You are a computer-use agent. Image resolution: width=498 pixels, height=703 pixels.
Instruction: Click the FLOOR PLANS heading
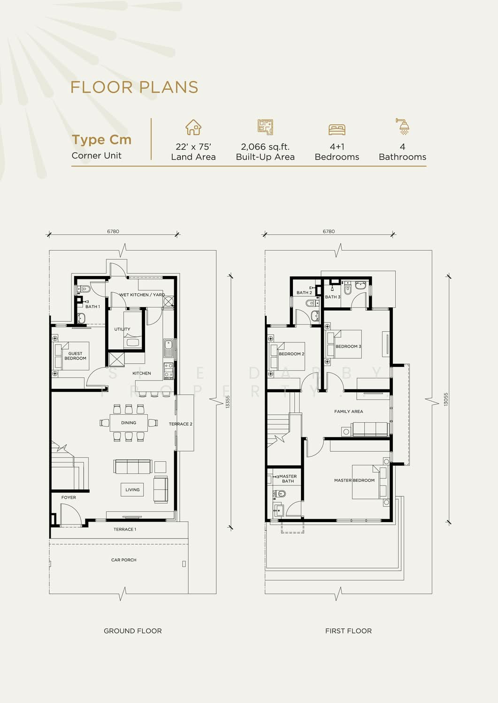coord(134,87)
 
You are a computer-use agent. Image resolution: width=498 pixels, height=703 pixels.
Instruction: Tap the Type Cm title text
coord(101,140)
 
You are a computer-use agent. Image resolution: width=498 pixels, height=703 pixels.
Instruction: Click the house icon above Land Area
coord(193,127)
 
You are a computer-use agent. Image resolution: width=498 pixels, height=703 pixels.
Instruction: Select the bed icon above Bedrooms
coord(337,129)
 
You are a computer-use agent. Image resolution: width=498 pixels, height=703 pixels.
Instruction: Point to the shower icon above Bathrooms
coord(402,127)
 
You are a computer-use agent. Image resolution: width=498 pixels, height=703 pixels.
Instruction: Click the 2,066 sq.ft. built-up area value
coord(265,147)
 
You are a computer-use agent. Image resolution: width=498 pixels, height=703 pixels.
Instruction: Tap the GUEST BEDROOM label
coord(75,356)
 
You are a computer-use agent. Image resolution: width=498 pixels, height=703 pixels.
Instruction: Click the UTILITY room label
coord(122,329)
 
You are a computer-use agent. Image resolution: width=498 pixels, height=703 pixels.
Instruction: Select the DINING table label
coord(129,423)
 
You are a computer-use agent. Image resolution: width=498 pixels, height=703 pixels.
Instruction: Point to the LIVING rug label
coord(132,490)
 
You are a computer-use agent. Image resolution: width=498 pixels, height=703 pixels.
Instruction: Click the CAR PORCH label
coord(123,560)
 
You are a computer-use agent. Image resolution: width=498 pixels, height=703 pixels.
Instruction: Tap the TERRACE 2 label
coord(180,424)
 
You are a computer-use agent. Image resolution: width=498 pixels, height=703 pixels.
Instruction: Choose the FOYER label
coord(69,497)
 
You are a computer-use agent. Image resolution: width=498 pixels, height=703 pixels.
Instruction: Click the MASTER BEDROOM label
coord(354,480)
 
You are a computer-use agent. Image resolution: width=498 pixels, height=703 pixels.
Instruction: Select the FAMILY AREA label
coord(348,411)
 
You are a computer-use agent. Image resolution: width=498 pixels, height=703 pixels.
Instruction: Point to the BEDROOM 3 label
coord(348,346)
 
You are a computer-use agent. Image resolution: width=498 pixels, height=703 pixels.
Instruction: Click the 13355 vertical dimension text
coord(228,402)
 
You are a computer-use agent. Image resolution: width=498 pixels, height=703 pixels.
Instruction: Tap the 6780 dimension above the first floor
coord(329,232)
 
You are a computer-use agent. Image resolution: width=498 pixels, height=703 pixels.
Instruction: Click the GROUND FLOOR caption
coord(133,631)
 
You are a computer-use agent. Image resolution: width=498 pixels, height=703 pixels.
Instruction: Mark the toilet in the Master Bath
coord(279,494)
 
